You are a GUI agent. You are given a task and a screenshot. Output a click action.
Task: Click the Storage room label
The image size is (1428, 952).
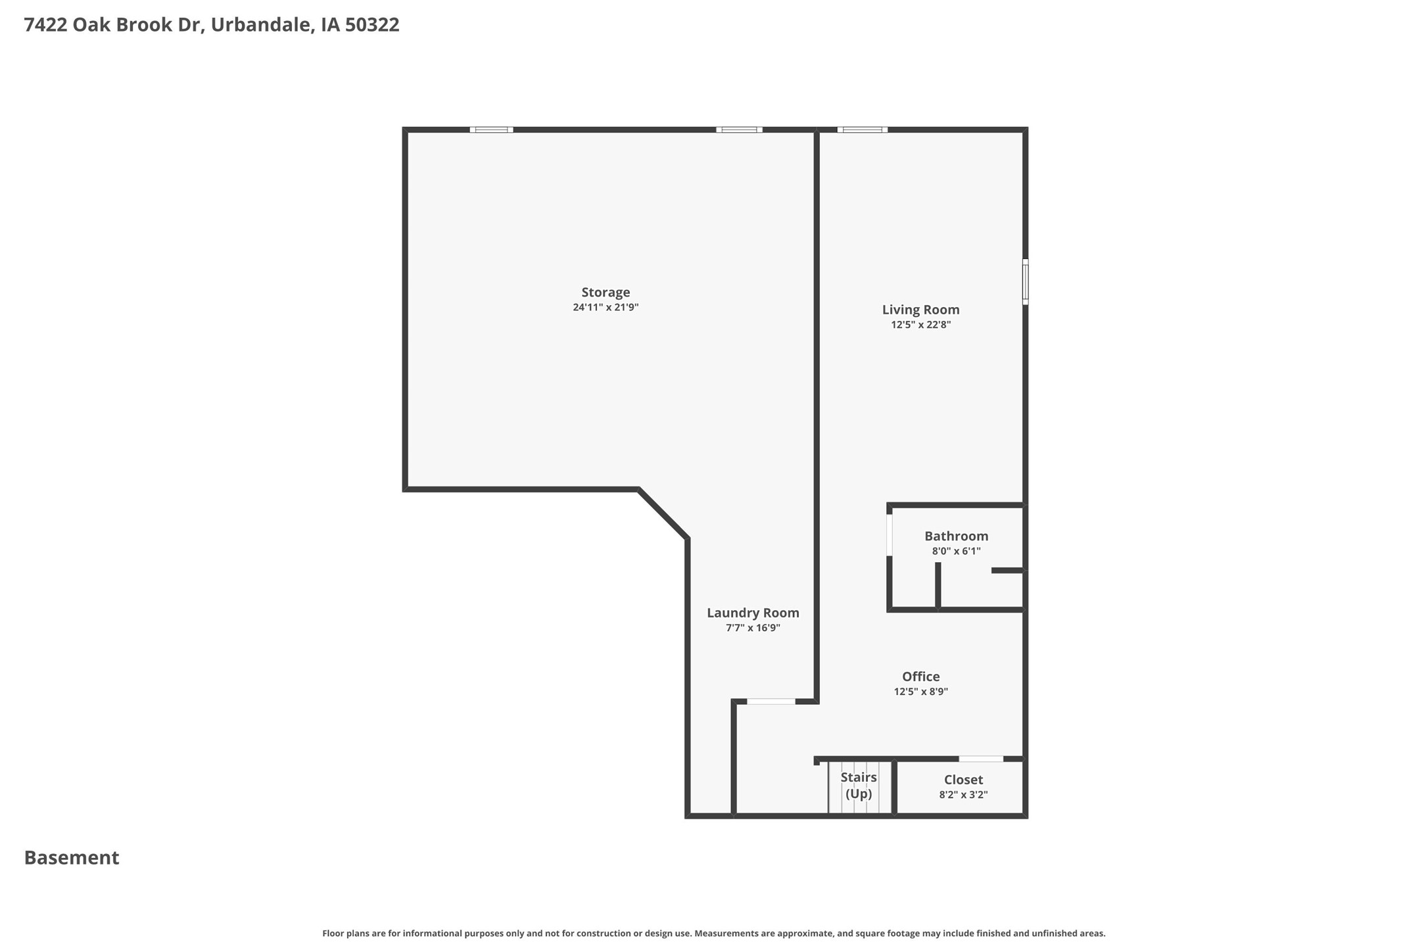[606, 293]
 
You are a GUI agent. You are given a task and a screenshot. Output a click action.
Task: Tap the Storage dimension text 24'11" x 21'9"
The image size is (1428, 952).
[606, 307]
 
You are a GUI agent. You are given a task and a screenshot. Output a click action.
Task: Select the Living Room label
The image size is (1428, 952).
[920, 310]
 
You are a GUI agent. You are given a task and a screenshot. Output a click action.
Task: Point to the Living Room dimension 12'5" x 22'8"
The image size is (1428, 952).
[920, 325]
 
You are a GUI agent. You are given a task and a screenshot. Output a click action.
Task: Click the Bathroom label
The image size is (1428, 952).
[956, 536]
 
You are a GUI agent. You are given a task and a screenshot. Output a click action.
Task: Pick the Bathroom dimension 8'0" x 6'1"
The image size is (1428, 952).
[956, 551]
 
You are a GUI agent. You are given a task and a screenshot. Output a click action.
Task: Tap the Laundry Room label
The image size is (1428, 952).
[753, 613]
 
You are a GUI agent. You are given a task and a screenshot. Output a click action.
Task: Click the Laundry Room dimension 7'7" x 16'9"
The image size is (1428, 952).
[753, 628]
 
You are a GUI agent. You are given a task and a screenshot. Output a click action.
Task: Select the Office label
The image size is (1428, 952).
[920, 677]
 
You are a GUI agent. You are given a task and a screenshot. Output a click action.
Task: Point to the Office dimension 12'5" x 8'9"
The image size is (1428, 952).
[920, 692]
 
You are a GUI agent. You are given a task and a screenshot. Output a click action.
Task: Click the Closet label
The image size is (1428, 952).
[963, 780]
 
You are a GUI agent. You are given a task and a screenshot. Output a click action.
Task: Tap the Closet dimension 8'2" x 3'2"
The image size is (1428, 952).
[963, 795]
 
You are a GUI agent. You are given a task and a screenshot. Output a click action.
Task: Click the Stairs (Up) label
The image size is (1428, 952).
[859, 786]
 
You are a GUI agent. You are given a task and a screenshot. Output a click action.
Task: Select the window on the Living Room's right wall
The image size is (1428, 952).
[1025, 281]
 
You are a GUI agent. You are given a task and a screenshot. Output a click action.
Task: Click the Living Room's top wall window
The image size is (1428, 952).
[863, 130]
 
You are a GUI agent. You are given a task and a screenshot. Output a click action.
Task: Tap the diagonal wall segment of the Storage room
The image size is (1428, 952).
[663, 513]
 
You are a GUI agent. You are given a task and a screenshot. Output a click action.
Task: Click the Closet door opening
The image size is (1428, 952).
[981, 759]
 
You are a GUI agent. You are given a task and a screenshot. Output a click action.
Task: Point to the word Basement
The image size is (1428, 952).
[72, 858]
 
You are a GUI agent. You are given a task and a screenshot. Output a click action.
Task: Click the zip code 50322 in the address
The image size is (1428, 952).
[372, 25]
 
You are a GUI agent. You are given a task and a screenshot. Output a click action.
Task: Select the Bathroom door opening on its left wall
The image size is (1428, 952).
[890, 535]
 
